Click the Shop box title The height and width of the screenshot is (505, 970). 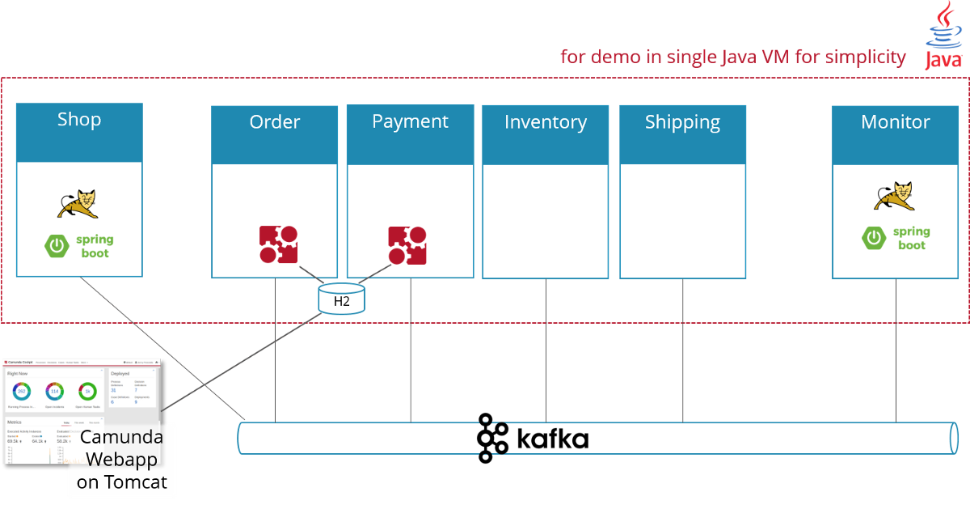tap(79, 120)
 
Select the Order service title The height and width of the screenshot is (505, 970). tap(275, 122)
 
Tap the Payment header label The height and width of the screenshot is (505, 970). tap(410, 121)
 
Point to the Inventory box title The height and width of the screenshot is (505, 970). tap(546, 122)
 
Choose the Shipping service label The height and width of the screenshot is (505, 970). tap(682, 122)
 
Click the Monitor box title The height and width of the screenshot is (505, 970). tap(896, 122)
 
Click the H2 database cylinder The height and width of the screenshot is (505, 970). tap(342, 299)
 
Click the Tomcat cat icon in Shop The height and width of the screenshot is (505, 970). tap(78, 204)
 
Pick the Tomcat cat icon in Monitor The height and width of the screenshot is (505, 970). tap(895, 196)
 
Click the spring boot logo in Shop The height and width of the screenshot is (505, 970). tap(79, 246)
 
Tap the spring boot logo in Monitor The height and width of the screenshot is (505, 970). tap(896, 238)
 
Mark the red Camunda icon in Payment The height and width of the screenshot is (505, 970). tap(407, 245)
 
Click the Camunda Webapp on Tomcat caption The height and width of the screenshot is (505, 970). tap(121, 460)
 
